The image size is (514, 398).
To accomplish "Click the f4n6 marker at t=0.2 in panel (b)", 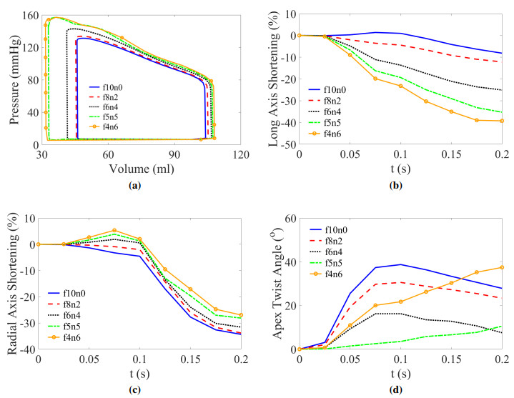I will [x=502, y=121].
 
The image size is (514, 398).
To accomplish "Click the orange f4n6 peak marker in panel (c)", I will [x=114, y=231].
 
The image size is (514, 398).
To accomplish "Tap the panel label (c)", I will [x=141, y=389].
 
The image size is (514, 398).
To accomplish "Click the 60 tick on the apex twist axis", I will [x=290, y=218].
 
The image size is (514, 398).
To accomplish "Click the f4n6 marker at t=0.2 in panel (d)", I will [x=502, y=267].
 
